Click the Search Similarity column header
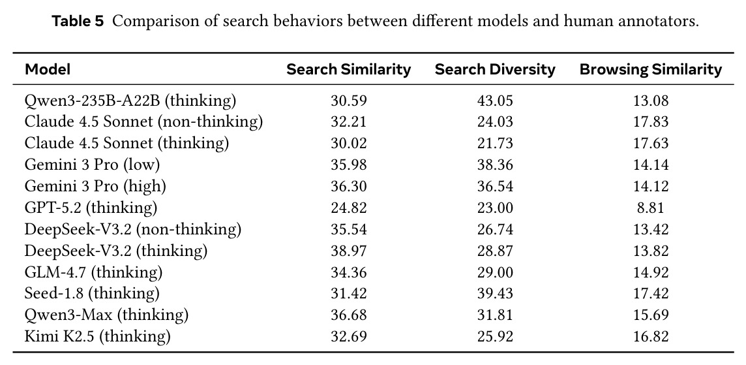(349, 70)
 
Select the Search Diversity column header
(495, 70)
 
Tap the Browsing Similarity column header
(650, 70)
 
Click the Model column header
(48, 70)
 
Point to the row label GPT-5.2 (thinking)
(91, 208)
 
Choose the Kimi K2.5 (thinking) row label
(98, 336)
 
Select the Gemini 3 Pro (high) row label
(95, 186)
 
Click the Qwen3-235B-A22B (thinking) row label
(130, 101)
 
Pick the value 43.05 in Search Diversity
(496, 101)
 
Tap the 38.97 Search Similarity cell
(349, 251)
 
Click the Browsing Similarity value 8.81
(650, 208)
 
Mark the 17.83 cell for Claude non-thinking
(650, 123)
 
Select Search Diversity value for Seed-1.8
(496, 294)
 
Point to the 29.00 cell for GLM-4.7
(496, 272)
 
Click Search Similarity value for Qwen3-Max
(349, 315)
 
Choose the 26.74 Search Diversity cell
(496, 230)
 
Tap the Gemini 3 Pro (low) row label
(93, 165)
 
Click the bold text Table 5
(78, 22)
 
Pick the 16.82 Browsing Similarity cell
(650, 337)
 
